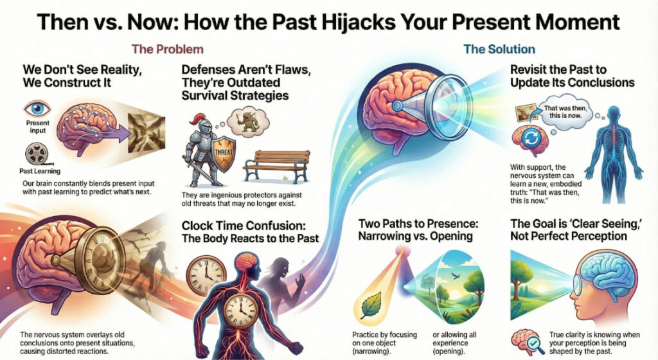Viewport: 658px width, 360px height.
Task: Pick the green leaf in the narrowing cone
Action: pos(371,305)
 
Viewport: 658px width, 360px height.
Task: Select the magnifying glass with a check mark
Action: pos(540,342)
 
